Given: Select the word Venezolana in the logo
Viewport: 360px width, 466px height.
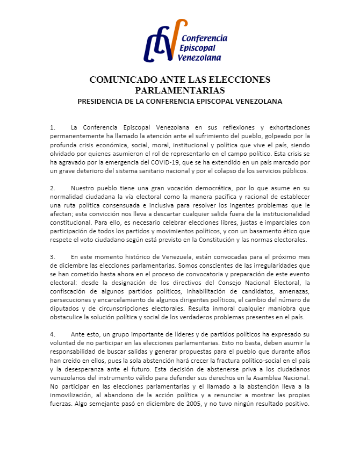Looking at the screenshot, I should (x=202, y=58).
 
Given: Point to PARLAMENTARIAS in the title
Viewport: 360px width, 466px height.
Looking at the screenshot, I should (x=179, y=90).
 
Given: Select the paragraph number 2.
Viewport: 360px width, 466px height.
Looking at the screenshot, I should (x=52, y=189).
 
